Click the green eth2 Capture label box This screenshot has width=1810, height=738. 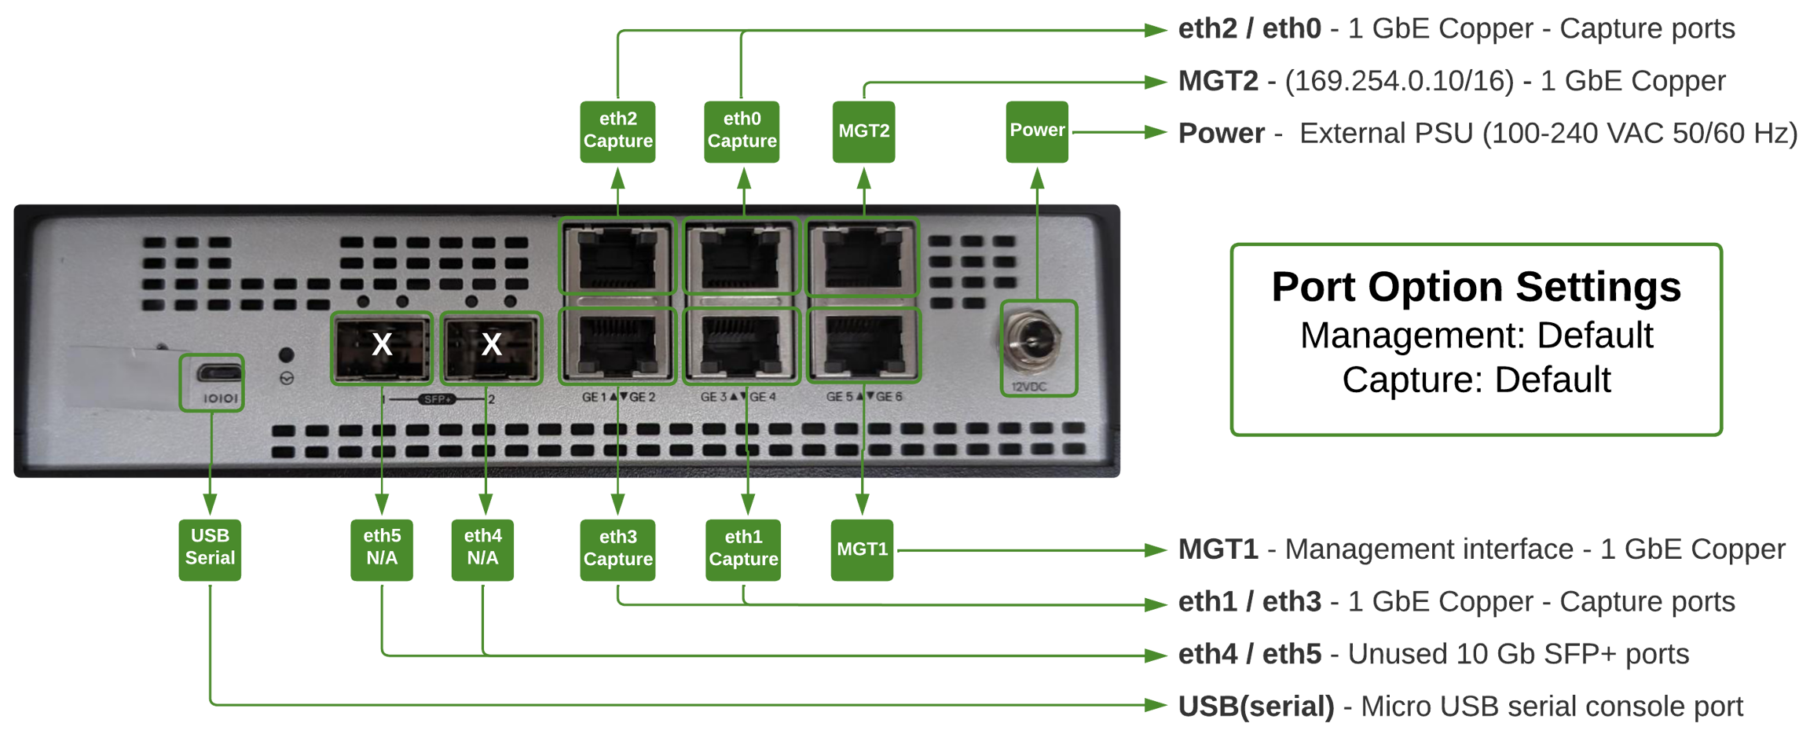point(617,131)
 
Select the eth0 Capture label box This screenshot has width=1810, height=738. point(742,131)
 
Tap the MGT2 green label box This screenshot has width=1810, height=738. point(863,131)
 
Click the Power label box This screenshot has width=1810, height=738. point(1037,131)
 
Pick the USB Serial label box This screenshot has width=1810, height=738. point(210,549)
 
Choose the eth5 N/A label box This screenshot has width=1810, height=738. point(382,549)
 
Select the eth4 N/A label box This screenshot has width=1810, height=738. point(482,549)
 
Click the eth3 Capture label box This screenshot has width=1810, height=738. point(617,549)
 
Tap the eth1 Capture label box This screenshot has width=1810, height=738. point(743,549)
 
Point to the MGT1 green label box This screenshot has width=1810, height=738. point(862,549)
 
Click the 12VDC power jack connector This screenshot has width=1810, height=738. point(1031,343)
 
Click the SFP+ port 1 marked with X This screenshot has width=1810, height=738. point(382,347)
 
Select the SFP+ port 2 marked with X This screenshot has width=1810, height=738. point(491,347)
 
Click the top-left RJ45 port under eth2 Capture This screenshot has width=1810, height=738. point(617,257)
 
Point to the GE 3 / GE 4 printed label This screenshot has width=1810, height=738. point(738,397)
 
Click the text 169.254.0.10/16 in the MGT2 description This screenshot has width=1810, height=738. point(1399,81)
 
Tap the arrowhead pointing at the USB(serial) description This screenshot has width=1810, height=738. point(1157,705)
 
